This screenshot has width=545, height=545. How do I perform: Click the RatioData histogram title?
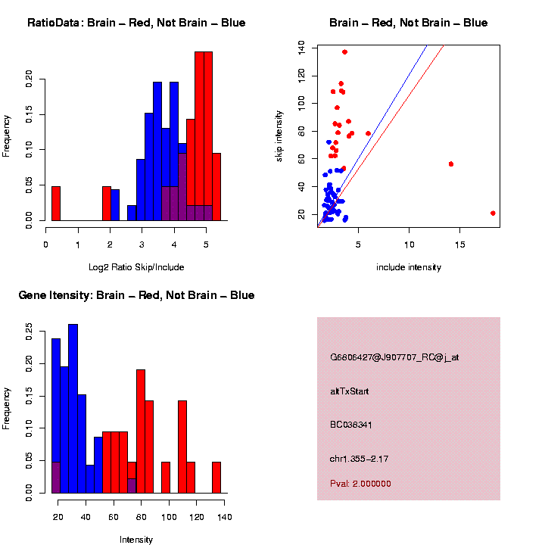point(136,23)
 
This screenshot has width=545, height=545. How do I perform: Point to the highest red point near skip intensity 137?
point(344,52)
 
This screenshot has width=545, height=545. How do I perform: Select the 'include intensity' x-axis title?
point(409,267)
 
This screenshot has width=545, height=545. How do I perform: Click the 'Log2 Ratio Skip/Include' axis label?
point(136,267)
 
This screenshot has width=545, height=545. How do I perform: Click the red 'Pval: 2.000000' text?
point(360,484)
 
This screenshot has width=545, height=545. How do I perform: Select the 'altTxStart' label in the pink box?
point(349,391)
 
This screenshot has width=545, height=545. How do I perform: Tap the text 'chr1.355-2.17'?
point(360,459)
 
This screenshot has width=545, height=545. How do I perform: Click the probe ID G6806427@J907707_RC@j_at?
point(394,357)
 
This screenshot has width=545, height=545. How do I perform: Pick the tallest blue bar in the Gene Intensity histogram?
point(73,409)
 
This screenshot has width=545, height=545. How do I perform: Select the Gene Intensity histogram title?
point(136,295)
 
